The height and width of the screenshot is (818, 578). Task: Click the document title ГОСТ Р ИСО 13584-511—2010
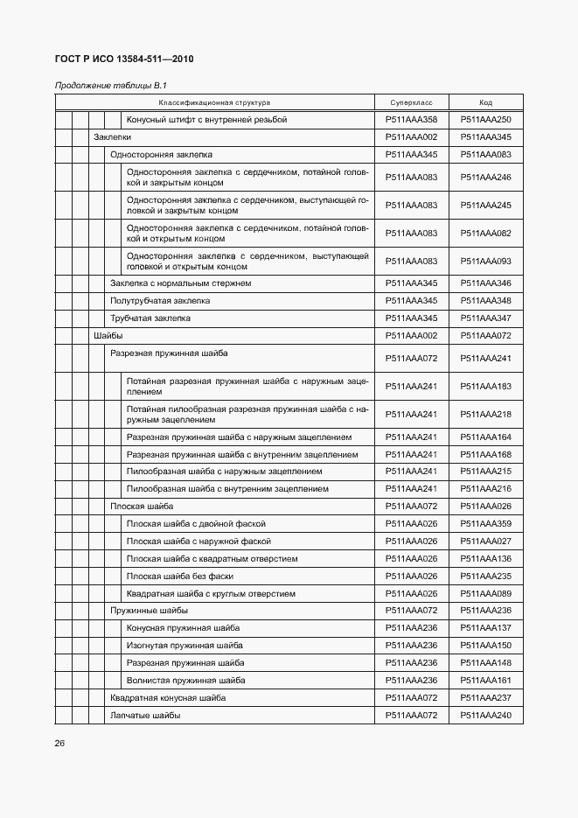point(124,59)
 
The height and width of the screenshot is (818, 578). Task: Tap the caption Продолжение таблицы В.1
point(110,85)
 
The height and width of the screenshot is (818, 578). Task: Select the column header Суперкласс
point(411,102)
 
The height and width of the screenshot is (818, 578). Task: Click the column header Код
point(486,102)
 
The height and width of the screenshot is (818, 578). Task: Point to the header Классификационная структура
point(214,102)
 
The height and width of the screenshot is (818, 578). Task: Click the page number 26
point(59,743)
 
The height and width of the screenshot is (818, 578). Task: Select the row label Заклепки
point(112,137)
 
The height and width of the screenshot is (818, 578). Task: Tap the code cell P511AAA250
point(486,120)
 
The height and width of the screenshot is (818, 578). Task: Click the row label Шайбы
point(108,336)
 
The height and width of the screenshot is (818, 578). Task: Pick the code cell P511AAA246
point(486,178)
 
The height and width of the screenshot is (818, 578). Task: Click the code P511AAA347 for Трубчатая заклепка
point(486,318)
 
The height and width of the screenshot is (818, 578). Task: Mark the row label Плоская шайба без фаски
point(179,577)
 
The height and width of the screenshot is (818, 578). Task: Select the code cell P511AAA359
point(486,524)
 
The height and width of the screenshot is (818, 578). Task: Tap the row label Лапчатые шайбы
point(145,716)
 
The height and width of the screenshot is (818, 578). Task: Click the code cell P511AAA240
point(486,716)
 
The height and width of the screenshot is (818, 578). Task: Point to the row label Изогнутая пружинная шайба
point(185,646)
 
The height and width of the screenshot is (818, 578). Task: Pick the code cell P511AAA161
point(486,681)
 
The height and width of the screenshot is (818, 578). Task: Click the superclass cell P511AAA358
point(411,120)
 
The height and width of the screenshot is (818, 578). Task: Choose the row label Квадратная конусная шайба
point(168,698)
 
